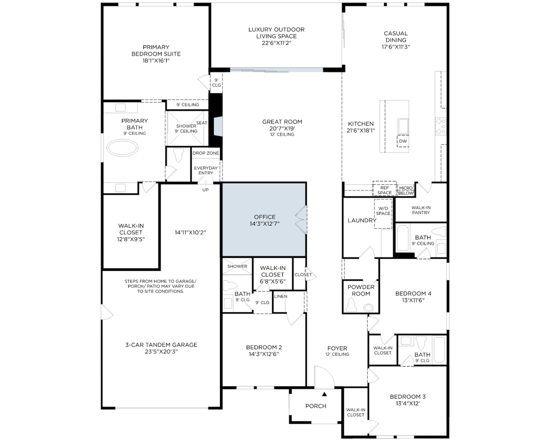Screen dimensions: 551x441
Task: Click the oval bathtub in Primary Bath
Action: (122, 148)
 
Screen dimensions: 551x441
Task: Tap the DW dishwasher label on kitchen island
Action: (403, 141)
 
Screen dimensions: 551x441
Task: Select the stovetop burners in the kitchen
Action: (441, 126)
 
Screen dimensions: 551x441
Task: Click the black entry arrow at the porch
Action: (324, 394)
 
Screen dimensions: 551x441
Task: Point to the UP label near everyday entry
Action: (205, 190)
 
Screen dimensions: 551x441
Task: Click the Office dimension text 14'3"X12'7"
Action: (264, 224)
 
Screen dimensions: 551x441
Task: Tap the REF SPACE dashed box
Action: (384, 189)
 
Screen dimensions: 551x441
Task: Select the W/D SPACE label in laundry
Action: (383, 211)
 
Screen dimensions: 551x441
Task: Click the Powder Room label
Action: (361, 290)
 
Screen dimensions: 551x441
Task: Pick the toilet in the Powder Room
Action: (351, 306)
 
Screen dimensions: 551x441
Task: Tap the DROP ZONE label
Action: (206, 153)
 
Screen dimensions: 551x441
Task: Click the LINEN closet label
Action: (281, 297)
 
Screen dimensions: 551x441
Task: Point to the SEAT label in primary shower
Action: (201, 123)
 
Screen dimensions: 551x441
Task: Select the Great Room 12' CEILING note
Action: (282, 134)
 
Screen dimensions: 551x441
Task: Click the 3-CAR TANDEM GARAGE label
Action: (161, 345)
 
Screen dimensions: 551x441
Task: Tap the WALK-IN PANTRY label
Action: (421, 210)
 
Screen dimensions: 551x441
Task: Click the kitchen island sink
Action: (403, 126)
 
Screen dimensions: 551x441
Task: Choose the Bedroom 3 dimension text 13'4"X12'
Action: (408, 403)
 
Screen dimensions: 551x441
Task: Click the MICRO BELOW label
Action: (406, 191)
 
